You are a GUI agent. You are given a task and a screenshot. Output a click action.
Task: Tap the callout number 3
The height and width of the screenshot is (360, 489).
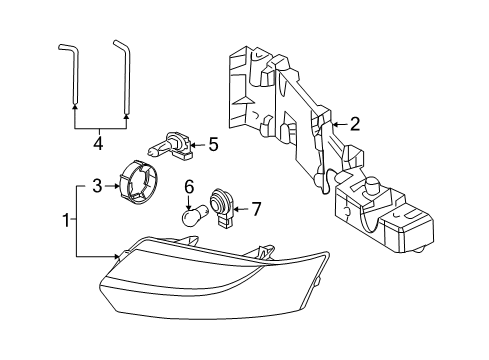point(97,186)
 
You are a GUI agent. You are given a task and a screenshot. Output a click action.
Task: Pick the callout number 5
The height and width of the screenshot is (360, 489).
point(213,144)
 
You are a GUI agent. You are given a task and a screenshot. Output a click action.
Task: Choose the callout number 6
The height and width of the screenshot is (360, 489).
point(188,186)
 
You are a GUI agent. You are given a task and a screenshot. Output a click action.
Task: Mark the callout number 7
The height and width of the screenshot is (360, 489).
point(255,209)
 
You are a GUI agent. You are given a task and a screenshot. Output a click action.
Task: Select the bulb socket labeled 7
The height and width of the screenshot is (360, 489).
point(222,207)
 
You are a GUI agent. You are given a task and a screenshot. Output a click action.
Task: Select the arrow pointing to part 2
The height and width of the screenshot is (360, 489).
point(337,125)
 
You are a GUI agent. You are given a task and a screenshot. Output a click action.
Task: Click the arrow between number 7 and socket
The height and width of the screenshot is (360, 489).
point(241,209)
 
